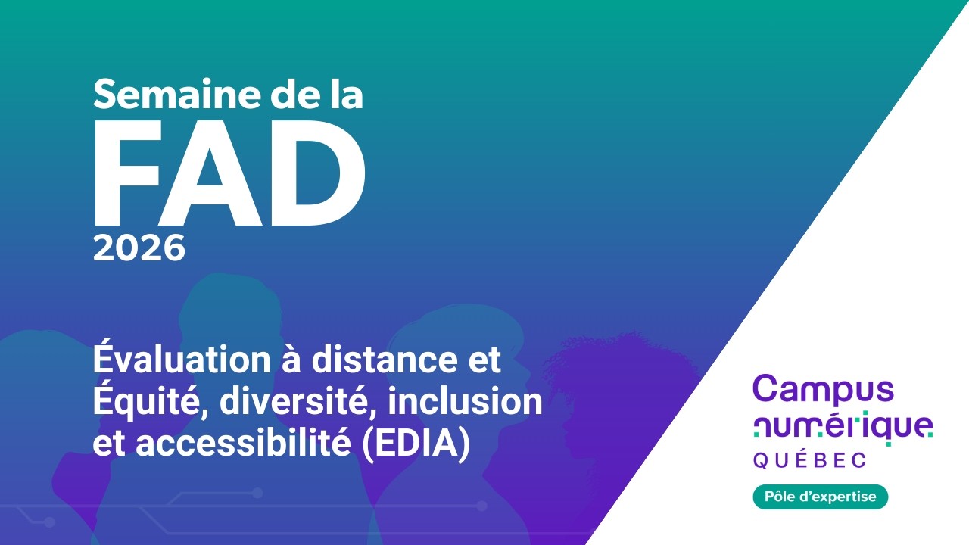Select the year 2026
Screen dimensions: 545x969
[139, 248]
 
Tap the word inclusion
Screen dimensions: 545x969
[465, 401]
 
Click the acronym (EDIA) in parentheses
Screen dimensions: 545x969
[414, 444]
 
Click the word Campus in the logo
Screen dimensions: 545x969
[824, 388]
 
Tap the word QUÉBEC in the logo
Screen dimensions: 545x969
[810, 460]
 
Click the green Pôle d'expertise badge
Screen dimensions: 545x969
[820, 497]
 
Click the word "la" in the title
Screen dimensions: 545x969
[342, 95]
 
